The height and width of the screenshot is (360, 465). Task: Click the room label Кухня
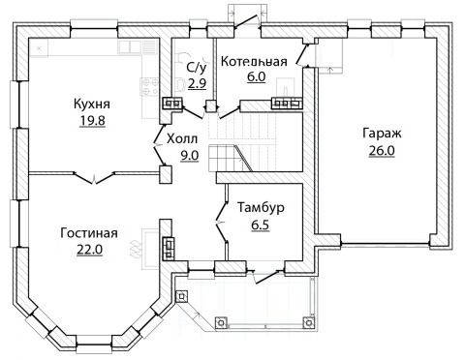(92, 105)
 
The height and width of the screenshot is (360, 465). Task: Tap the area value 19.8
(92, 121)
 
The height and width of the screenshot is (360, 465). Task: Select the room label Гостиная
(89, 233)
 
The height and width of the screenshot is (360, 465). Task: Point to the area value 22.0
(89, 250)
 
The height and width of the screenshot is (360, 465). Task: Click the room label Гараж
(382, 134)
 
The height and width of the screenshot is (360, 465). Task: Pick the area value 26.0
(382, 151)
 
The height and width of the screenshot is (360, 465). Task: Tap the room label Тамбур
(261, 207)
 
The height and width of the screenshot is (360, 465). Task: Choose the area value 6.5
(261, 225)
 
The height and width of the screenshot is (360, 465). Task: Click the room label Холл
(182, 139)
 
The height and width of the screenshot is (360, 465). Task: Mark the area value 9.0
(189, 156)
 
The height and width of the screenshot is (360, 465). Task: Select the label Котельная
(254, 61)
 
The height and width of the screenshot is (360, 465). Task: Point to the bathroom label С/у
(197, 67)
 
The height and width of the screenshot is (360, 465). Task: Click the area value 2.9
(198, 84)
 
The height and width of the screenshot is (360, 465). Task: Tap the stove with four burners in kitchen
(150, 86)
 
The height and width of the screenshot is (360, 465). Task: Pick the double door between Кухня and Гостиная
(94, 178)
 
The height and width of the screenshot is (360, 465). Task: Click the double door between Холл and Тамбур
(222, 222)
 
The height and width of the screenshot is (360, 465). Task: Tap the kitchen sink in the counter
(130, 46)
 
